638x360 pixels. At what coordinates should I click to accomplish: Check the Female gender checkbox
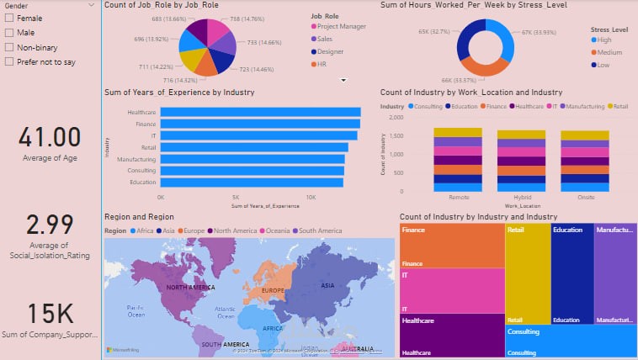pos(10,18)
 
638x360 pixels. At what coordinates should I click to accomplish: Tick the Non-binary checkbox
pos(10,47)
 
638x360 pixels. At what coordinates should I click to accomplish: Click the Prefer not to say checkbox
pos(10,61)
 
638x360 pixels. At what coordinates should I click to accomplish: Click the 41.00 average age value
pos(50,137)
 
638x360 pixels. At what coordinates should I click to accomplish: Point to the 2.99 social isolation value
pos(50,225)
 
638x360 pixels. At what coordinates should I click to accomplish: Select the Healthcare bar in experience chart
pos(260,112)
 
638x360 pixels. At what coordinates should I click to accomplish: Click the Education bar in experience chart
pos(252,182)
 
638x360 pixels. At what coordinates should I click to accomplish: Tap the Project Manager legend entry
pos(342,26)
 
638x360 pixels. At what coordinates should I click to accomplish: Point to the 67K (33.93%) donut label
pos(540,33)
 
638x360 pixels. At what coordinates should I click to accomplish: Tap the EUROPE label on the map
pos(274,291)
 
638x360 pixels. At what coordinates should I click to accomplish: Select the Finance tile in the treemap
pos(452,245)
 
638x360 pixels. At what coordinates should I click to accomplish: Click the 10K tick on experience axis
pos(311,197)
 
